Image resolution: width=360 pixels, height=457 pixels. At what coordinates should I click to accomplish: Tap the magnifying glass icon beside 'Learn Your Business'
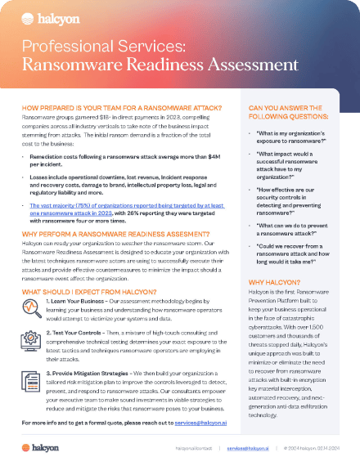coord(34,310)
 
